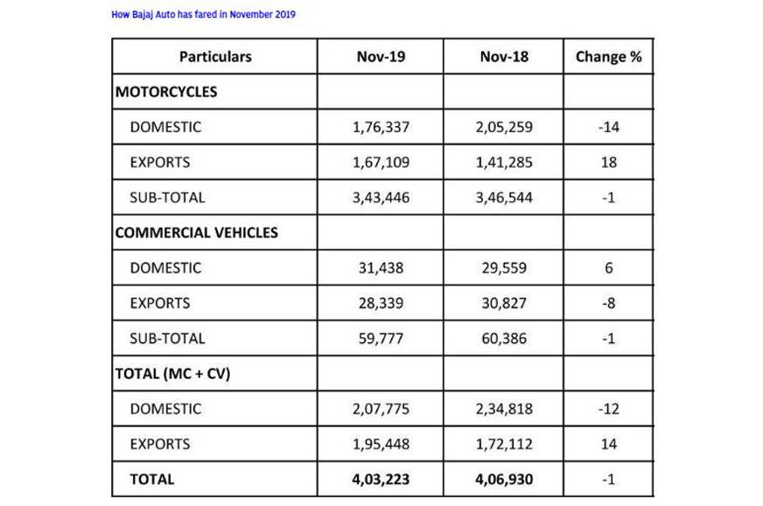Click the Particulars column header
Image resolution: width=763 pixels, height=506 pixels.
(x=215, y=57)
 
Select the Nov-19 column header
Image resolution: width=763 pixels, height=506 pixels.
(x=381, y=57)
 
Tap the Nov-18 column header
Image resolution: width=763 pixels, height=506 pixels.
(x=504, y=57)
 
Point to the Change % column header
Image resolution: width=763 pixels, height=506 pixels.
(x=608, y=57)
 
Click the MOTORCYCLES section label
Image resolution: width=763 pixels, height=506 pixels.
(x=166, y=91)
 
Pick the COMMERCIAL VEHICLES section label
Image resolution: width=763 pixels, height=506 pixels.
(x=197, y=232)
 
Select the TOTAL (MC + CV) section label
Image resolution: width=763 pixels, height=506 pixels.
(x=172, y=373)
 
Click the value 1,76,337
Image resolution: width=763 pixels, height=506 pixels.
(x=381, y=127)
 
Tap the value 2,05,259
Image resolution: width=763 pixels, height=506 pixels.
(x=504, y=127)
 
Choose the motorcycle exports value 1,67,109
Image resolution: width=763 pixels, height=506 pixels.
(x=381, y=162)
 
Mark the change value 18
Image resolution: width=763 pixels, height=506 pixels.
(x=609, y=162)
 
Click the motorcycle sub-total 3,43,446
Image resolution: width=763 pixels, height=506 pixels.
(x=381, y=197)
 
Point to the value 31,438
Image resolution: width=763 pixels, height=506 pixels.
(x=381, y=268)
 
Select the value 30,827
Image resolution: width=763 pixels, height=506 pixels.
(x=504, y=303)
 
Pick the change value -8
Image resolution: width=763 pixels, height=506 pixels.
(x=609, y=303)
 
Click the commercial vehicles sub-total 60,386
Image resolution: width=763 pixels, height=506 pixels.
(x=504, y=338)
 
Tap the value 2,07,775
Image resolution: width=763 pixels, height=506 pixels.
(x=381, y=409)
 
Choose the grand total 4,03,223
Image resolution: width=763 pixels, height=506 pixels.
(x=381, y=479)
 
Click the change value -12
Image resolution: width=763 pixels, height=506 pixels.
(x=609, y=409)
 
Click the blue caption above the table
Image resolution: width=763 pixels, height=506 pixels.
(x=203, y=15)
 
